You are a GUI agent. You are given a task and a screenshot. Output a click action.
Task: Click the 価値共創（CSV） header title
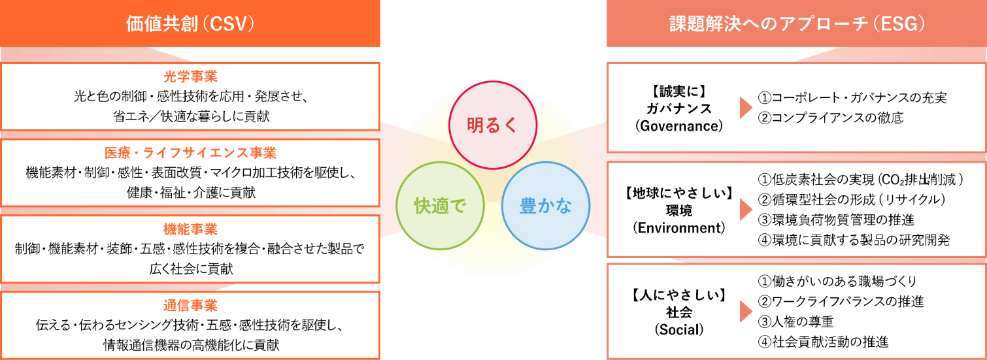click(190, 24)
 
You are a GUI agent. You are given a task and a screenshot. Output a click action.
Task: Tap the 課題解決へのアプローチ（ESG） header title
click(797, 24)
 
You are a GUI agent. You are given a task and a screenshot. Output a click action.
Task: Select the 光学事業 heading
click(190, 76)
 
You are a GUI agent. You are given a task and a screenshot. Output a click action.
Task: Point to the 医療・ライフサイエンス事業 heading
click(190, 153)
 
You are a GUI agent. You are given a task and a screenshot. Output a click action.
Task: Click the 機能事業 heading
click(190, 229)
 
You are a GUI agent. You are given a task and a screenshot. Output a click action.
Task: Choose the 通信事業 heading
click(190, 305)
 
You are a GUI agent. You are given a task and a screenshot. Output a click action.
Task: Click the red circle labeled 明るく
click(493, 82)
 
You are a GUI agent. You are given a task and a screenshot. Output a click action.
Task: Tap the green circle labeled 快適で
click(440, 163)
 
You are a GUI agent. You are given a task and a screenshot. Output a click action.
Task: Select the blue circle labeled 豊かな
click(546, 163)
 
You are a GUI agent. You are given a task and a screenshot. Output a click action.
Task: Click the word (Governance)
click(679, 126)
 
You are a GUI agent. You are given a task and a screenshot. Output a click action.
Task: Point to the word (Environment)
click(679, 228)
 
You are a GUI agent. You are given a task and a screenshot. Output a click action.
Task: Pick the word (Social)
click(679, 329)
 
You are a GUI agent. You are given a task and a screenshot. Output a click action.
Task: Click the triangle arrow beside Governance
click(746, 108)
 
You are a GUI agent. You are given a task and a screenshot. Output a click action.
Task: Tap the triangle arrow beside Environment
click(746, 209)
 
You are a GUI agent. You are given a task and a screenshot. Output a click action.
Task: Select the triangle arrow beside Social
click(746, 312)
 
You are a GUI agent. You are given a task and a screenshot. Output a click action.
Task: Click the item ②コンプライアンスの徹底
click(831, 118)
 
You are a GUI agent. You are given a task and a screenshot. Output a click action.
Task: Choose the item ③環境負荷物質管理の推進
click(836, 220)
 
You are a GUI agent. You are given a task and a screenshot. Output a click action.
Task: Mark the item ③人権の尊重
click(795, 321)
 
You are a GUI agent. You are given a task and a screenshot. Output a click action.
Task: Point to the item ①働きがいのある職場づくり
click(837, 281)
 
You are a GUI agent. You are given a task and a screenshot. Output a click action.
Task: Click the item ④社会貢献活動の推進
click(823, 342)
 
